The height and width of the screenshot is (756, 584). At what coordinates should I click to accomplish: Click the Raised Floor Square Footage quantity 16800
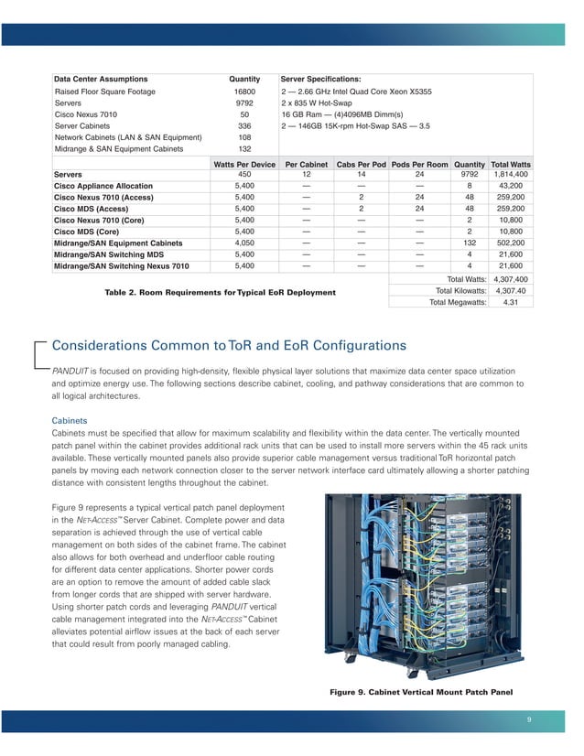pos(244,92)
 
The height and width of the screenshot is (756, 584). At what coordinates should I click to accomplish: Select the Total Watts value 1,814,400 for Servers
pos(511,174)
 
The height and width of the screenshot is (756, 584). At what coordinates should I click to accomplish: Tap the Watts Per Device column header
pos(244,164)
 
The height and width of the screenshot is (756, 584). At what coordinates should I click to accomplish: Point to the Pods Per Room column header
pos(419,164)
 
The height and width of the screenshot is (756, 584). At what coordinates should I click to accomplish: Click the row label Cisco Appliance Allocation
pos(103,186)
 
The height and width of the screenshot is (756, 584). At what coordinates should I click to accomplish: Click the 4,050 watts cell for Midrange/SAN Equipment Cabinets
pos(244,243)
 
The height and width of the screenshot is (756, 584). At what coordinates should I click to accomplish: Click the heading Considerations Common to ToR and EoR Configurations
pos(229,346)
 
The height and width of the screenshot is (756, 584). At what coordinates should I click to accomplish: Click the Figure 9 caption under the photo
pos(422,692)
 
